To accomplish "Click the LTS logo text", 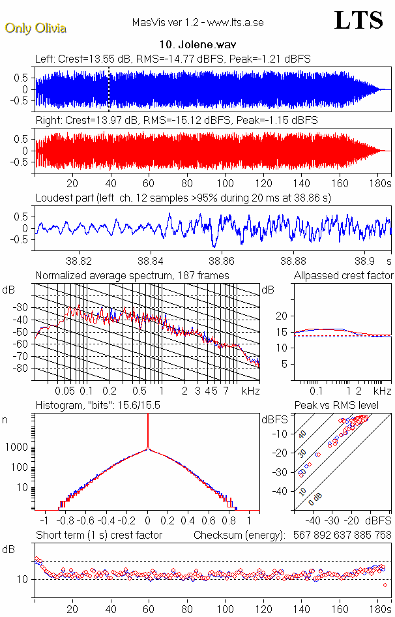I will (x=358, y=20).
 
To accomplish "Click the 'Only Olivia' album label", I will (x=35, y=28).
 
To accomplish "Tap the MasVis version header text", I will (x=197, y=23).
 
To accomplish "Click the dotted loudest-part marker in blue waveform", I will (x=109, y=89).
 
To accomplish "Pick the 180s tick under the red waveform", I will (x=379, y=183).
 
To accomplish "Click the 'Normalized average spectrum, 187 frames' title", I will (x=132, y=276).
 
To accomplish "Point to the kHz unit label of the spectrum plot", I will (x=251, y=391).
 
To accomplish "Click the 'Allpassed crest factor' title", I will (x=344, y=276).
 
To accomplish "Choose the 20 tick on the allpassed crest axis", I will (x=283, y=316).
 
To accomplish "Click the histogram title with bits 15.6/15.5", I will (x=98, y=406).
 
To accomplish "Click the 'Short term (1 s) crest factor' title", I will (x=98, y=535).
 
